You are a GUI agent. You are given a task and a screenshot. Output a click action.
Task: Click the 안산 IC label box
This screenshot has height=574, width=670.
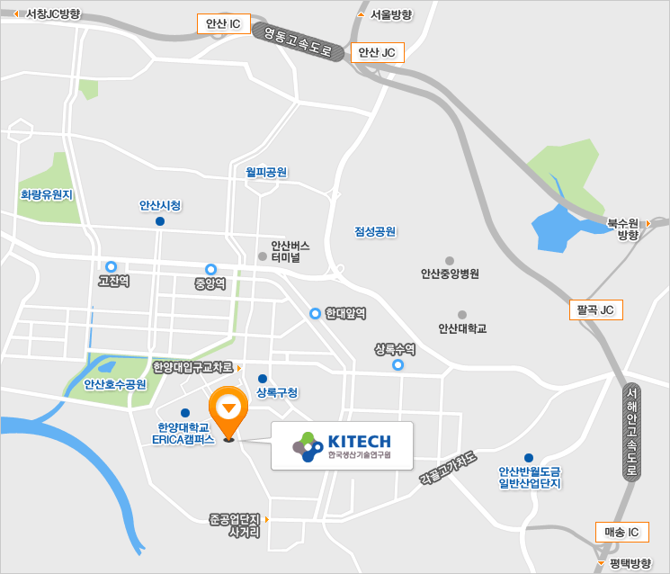pyautogui.click(x=223, y=24)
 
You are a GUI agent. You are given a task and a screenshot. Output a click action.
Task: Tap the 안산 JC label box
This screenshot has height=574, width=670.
pyautogui.click(x=376, y=53)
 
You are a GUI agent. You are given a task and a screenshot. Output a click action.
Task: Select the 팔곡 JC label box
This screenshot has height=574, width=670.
pyautogui.click(x=594, y=310)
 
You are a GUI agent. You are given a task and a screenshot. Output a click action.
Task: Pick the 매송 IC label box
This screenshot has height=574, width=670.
pyautogui.click(x=621, y=532)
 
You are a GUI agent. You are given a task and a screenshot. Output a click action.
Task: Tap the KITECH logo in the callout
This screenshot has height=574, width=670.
pyautogui.click(x=342, y=445)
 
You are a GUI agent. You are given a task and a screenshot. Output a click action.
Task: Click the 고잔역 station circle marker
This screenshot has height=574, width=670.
pyautogui.click(x=112, y=266)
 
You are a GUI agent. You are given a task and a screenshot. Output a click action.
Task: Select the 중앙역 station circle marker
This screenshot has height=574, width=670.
pyautogui.click(x=211, y=269)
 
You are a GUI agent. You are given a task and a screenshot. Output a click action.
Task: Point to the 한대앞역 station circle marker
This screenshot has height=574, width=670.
pyautogui.click(x=316, y=313)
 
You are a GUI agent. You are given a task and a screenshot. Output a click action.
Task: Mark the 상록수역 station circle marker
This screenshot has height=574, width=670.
pyautogui.click(x=398, y=365)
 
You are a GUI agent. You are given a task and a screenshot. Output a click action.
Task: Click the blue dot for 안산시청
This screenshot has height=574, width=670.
pyautogui.click(x=160, y=221)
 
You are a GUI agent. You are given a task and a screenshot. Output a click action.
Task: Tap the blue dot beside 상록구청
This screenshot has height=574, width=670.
pyautogui.click(x=263, y=379)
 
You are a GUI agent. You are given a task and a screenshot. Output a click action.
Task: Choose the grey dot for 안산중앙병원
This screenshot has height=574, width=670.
pyautogui.click(x=450, y=257)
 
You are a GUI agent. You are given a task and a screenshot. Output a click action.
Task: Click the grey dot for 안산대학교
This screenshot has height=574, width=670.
pyautogui.click(x=462, y=315)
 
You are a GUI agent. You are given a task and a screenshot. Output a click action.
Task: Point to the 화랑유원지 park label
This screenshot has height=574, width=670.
pyautogui.click(x=46, y=193)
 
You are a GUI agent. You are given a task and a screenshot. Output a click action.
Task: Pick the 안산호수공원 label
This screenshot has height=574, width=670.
pyautogui.click(x=115, y=384)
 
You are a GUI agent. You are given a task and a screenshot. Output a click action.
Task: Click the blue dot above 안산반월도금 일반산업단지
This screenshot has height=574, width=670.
pyautogui.click(x=529, y=458)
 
